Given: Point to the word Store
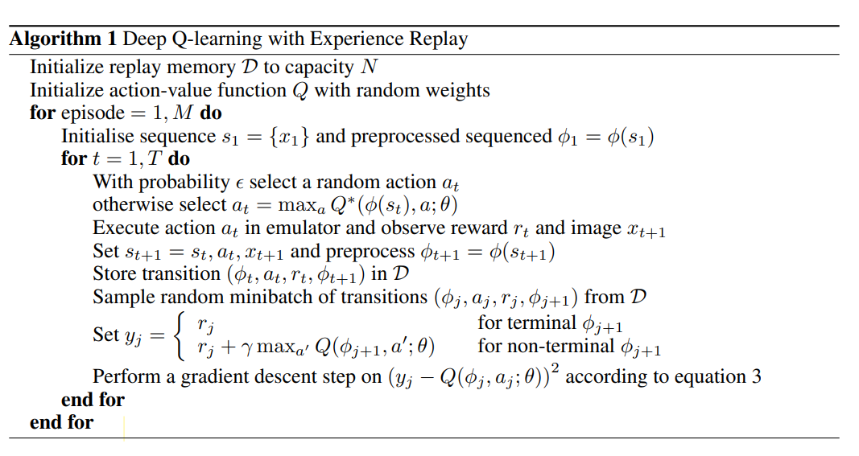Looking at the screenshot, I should click(x=113, y=274).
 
